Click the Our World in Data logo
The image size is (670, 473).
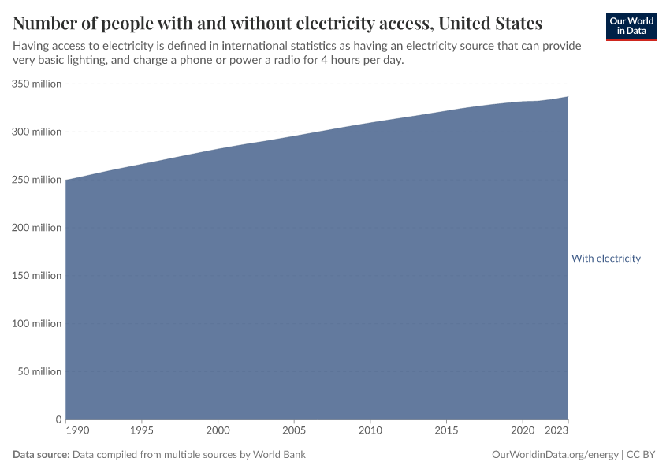tap(631, 26)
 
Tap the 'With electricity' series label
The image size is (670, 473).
tap(605, 259)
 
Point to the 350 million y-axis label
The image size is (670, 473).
tap(36, 84)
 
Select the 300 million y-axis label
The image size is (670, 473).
tap(36, 132)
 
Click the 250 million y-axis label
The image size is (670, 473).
tap(36, 180)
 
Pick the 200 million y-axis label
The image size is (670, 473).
tap(36, 228)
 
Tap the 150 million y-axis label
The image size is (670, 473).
tap(36, 276)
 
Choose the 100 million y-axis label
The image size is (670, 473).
tap(36, 324)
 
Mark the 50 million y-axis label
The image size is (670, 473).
tap(39, 371)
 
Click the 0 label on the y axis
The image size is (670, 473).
tap(58, 419)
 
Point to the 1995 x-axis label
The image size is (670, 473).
tap(141, 431)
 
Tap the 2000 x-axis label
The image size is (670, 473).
tap(218, 431)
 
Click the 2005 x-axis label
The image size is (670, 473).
tap(294, 431)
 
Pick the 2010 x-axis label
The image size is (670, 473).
tap(370, 431)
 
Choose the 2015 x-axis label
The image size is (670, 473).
tap(446, 431)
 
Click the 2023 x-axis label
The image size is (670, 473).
tap(556, 431)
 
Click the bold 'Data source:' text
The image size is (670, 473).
tap(41, 455)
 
